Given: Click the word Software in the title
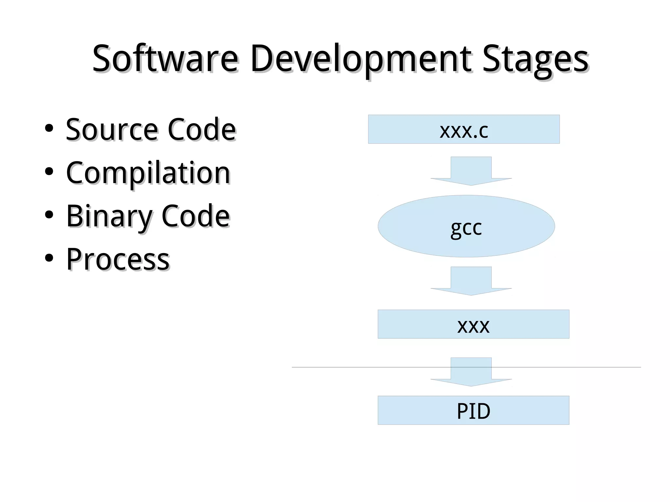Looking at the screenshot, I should pos(165,59).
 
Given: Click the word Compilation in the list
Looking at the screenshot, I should pos(148,173).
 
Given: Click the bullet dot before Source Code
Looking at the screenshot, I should pos(49,129).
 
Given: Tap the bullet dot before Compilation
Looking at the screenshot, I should pos(49,172).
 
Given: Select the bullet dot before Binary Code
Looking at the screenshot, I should pos(49,215).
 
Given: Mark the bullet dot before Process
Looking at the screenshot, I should pos(49,258).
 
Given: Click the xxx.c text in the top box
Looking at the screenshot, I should pos(464,130).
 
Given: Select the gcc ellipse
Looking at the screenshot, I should pos(466,226).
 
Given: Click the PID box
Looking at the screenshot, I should pos(473,410).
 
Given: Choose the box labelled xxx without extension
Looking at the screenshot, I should pos(473,324).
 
